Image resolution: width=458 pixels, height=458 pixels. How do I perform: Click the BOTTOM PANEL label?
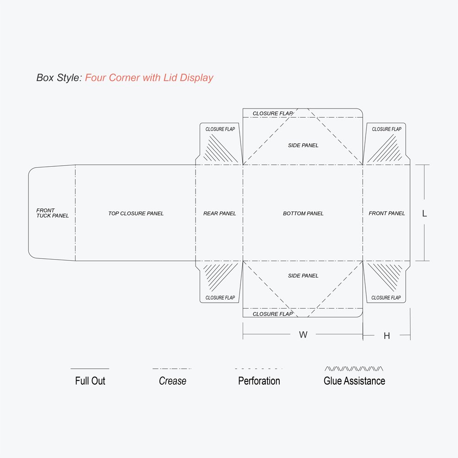tap(303, 213)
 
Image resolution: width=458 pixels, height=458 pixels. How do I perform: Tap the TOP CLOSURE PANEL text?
tap(136, 213)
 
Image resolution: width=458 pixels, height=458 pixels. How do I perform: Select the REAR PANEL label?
tap(220, 213)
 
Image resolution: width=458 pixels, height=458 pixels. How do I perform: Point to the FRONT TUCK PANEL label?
tap(53, 213)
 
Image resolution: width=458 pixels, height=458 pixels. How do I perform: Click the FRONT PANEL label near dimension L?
tap(387, 213)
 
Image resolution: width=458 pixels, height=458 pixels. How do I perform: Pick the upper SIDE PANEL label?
tap(303, 146)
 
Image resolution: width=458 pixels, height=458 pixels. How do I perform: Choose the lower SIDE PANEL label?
tap(303, 276)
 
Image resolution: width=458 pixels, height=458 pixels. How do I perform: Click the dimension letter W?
tap(303, 335)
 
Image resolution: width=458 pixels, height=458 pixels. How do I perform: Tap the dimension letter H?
tap(387, 336)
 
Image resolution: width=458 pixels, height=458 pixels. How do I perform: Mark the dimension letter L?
tap(425, 213)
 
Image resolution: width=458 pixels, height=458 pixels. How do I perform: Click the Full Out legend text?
tap(90, 381)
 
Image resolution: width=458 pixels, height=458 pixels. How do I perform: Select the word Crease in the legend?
tap(173, 381)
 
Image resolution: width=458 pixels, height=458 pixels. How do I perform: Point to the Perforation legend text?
tap(259, 381)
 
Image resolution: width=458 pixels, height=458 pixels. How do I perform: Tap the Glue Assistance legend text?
tap(354, 381)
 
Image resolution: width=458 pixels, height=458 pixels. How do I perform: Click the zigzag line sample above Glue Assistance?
tap(354, 368)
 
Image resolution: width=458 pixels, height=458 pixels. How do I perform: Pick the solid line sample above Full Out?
tap(90, 369)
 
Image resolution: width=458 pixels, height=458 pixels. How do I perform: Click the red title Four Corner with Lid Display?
tap(149, 78)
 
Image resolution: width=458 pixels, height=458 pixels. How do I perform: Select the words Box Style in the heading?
tap(58, 78)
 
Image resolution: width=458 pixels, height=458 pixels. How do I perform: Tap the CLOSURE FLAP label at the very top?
tap(273, 114)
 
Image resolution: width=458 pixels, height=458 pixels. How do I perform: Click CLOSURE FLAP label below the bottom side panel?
tap(273, 314)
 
